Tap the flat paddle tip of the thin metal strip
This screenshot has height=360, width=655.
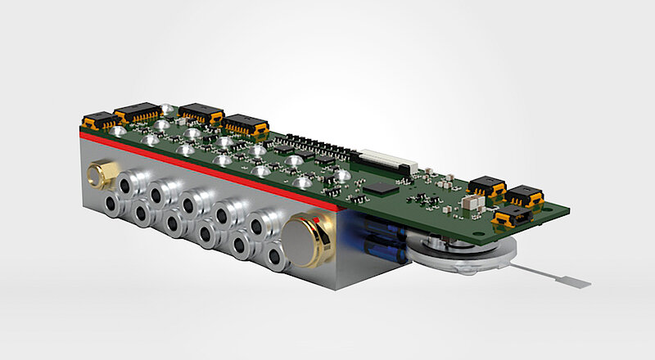point(579,281)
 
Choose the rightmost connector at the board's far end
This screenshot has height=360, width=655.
point(524,196)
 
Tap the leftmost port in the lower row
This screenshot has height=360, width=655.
point(111,204)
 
